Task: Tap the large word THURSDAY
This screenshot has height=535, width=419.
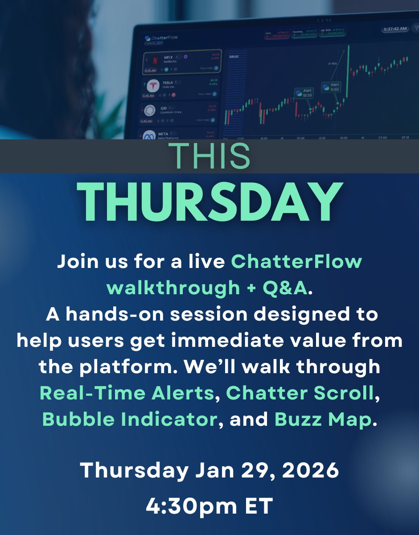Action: pos(209,201)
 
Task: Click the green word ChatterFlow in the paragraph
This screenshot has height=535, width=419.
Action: pos(296,262)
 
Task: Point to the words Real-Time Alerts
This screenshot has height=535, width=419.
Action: pos(126,393)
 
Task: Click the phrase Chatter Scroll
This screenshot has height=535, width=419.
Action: pos(299,393)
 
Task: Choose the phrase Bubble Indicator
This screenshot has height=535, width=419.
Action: pos(129,419)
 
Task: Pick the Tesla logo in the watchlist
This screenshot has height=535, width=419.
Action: pos(153,86)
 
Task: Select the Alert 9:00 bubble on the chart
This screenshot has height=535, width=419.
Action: pos(332,87)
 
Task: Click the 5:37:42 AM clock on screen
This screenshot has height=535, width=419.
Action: pos(394,29)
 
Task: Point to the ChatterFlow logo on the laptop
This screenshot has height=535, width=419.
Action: pos(161,38)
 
